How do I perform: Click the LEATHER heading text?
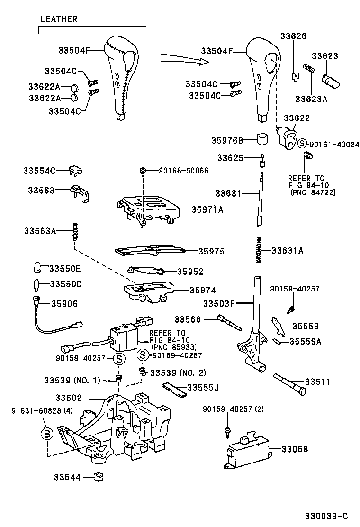[x=59, y=19]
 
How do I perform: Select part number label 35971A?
[x=207, y=209]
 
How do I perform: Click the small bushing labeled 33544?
[x=99, y=476]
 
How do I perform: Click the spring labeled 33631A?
[x=259, y=249]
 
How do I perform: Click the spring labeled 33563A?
[x=74, y=231]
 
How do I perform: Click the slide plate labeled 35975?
[x=149, y=250]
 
